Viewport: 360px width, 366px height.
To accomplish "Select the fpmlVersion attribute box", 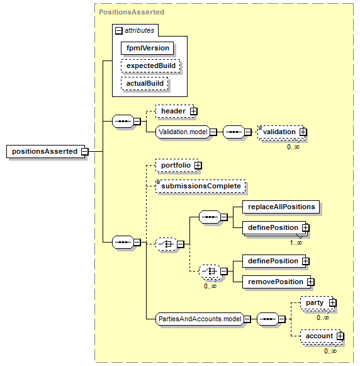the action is [147, 48].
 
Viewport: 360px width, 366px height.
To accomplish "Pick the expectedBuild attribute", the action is [150, 66].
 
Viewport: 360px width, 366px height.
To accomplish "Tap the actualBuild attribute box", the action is [145, 83].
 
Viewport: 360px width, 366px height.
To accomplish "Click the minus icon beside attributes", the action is [119, 31].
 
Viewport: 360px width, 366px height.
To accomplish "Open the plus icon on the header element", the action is [193, 112].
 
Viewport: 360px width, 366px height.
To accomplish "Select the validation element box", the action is [281, 132].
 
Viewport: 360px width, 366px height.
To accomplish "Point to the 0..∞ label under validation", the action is [293, 147].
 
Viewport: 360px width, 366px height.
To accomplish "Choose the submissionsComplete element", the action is [201, 186].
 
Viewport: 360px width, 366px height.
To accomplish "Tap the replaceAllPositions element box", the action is [281, 207].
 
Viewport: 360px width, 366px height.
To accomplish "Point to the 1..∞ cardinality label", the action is [296, 243].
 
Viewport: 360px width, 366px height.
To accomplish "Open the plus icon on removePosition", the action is [310, 282].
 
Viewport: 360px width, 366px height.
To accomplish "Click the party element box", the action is [317, 303].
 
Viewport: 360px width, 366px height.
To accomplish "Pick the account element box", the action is [322, 336].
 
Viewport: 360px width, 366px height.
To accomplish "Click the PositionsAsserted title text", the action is [132, 12].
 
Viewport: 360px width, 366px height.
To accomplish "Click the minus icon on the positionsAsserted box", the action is [85, 151].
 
